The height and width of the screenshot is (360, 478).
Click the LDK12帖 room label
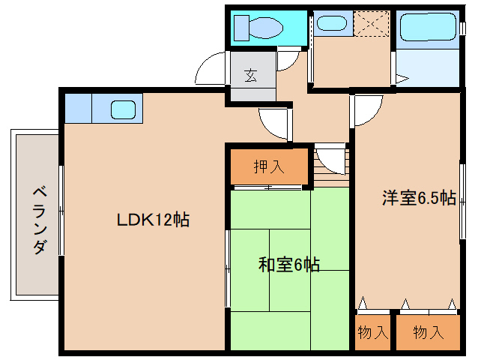pyautogui.click(x=152, y=220)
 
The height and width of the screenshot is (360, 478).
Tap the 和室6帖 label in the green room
pyautogui.click(x=289, y=264)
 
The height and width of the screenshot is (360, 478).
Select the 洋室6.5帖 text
pyautogui.click(x=418, y=198)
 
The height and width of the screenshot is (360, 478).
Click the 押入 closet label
pyautogui.click(x=269, y=166)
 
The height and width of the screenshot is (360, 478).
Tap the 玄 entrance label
pyautogui.click(x=249, y=76)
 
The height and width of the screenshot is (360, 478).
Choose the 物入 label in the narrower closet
pyautogui.click(x=372, y=331)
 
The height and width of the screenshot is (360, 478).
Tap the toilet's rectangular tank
pyautogui.click(x=241, y=28)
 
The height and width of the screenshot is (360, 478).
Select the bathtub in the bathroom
pyautogui.click(x=427, y=28)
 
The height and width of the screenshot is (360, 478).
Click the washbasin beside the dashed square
pyautogui.click(x=330, y=23)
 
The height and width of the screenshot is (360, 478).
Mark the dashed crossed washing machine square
pyautogui.click(x=372, y=22)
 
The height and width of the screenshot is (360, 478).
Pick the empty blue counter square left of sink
pyautogui.click(x=78, y=109)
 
